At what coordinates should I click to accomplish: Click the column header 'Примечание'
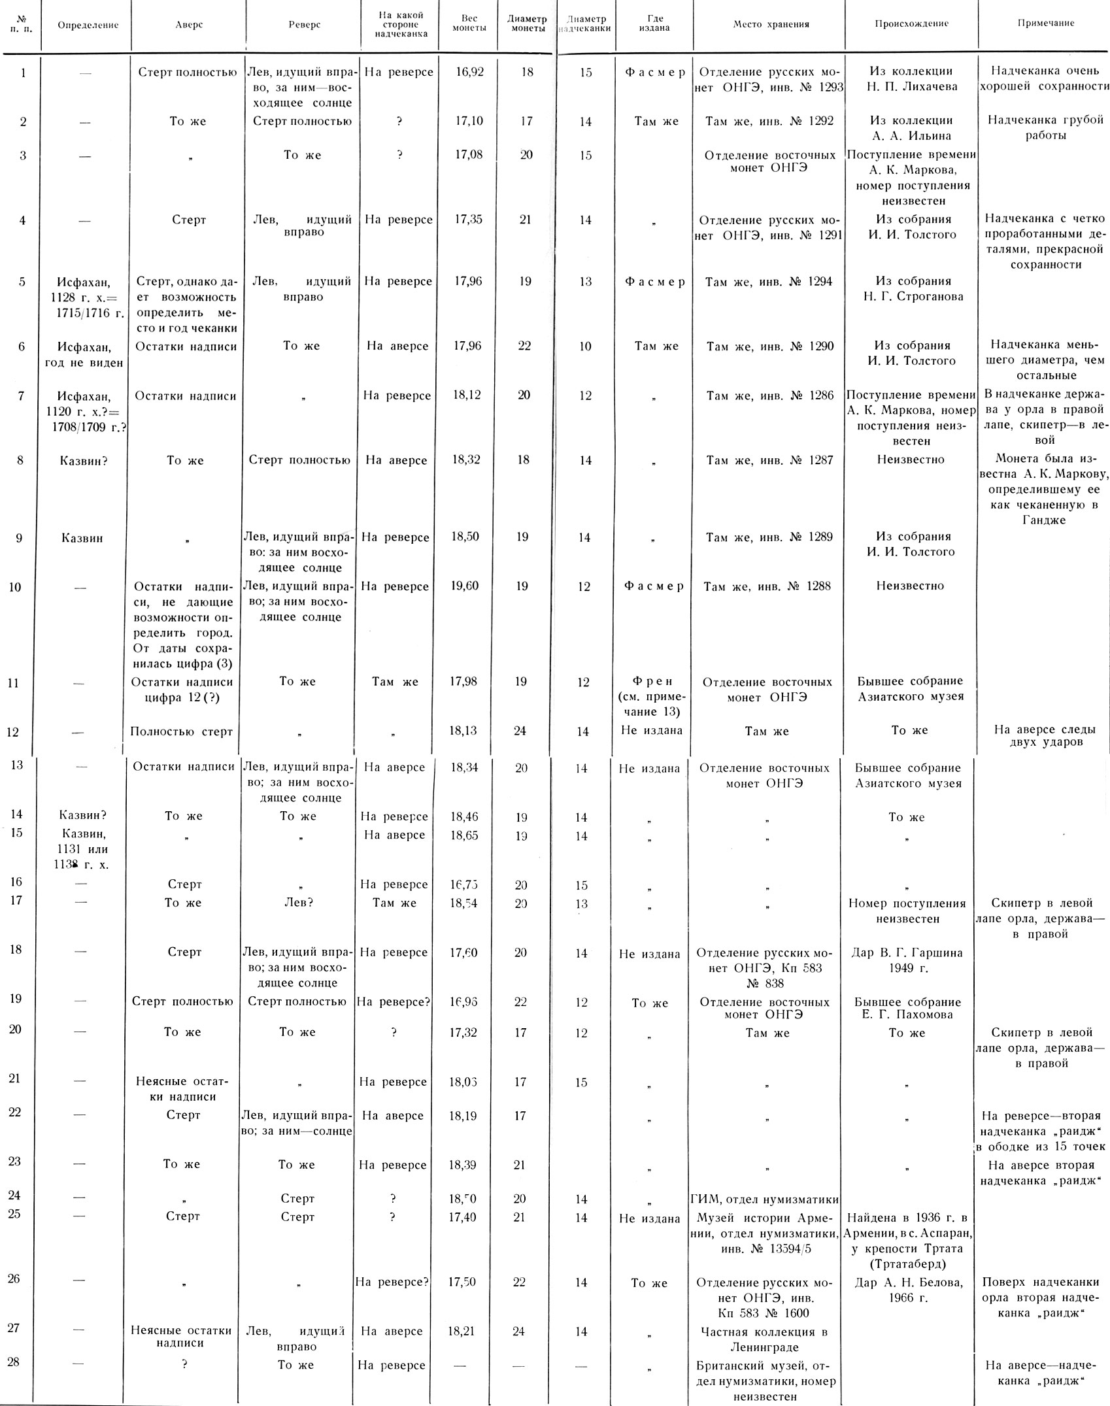click(1045, 24)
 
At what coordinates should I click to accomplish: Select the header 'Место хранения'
click(771, 25)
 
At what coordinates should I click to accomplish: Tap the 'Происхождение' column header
click(911, 24)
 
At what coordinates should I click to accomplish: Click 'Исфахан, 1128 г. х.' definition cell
click(84, 297)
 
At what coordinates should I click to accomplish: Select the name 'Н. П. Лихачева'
click(911, 87)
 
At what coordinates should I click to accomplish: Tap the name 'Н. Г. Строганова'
click(911, 296)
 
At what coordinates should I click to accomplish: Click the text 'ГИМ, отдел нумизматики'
click(765, 1199)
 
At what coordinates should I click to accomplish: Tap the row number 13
click(16, 765)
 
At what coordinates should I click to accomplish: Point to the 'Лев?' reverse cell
click(297, 903)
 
